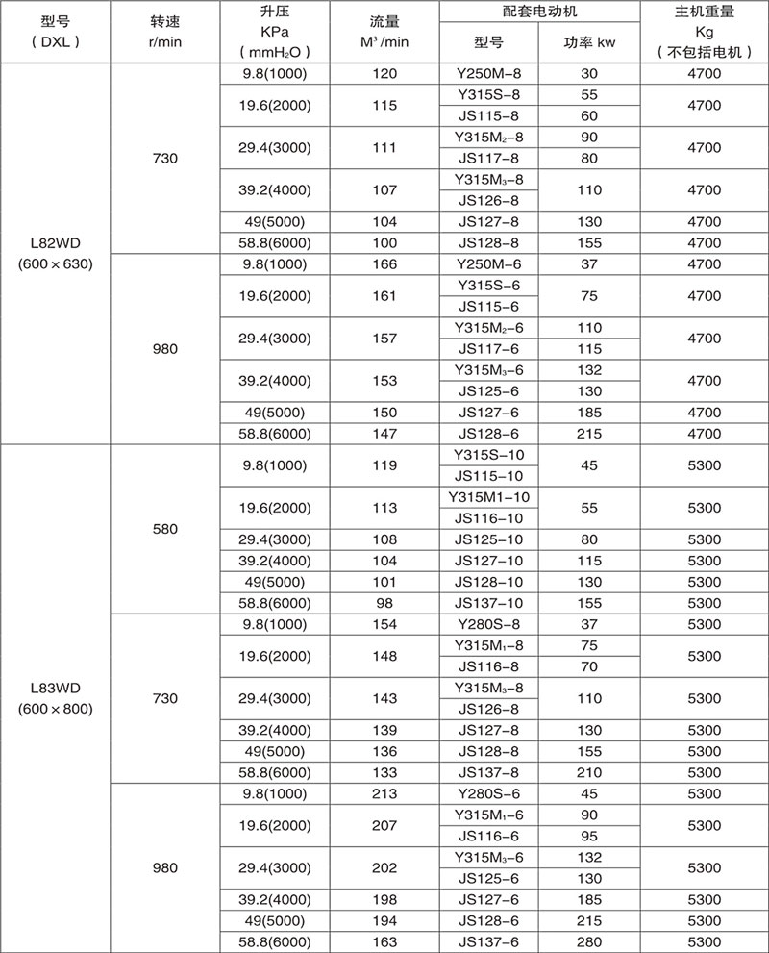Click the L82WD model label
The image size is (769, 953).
point(55,243)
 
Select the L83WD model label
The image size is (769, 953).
point(55,689)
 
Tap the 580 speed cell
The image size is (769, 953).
point(164,529)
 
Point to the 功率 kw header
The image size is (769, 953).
point(589,44)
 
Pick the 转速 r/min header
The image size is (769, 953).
point(164,32)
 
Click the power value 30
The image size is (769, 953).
point(589,73)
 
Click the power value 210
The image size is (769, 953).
point(589,772)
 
